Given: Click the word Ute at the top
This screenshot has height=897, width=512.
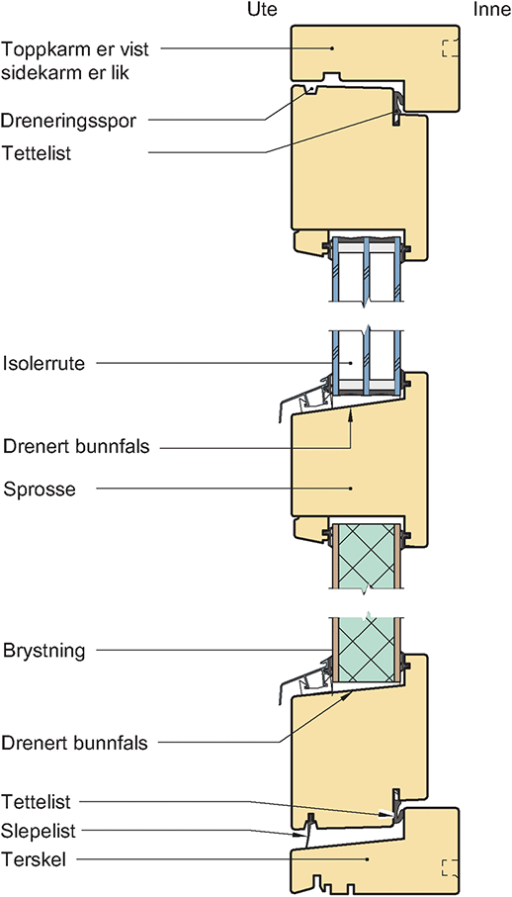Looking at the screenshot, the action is coord(262,10).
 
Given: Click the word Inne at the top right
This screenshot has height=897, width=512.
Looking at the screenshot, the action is coord(491,10).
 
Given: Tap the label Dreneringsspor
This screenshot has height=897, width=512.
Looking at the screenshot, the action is coord(71,121).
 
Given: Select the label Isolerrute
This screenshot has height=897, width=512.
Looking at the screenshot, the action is coord(44,364).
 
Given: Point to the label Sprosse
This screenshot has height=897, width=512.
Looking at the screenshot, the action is coord(40,490).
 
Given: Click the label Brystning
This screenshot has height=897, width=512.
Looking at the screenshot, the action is coord(44,651).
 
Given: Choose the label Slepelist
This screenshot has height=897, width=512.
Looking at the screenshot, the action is coord(39,831).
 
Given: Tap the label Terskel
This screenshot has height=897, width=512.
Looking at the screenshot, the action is coord(34,859).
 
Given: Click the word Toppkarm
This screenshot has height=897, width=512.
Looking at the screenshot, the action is coord(42,49).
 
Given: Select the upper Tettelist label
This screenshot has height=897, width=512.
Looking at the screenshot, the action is coord(37,152).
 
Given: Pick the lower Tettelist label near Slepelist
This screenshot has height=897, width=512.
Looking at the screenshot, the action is coord(37,802).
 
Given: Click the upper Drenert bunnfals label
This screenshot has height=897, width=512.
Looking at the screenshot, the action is coord(76,446).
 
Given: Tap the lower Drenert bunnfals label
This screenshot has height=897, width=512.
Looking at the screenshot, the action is coord(76,744).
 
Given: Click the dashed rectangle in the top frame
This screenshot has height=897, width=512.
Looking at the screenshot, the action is coord(449,48).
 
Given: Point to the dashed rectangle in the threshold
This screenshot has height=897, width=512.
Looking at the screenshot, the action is coord(449,867).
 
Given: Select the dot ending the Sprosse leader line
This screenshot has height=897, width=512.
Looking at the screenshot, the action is coord(351,489).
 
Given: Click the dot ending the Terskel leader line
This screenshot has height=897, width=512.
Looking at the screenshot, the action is coord(368,859).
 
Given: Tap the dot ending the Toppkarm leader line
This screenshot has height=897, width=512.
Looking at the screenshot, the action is coord(332,48).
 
